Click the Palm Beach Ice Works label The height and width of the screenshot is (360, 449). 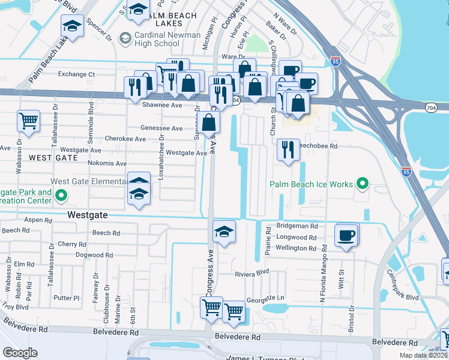[310, 184]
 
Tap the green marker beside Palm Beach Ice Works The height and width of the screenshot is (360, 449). [362, 184]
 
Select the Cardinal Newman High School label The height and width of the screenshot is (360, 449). [160, 40]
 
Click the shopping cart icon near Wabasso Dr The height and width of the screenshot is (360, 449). [28, 121]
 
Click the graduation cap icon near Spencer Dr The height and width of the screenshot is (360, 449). [72, 26]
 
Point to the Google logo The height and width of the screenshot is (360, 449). [20, 352]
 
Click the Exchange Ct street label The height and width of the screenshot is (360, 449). [76, 74]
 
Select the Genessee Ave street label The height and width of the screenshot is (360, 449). [161, 128]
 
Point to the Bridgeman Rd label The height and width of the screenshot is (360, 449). [297, 226]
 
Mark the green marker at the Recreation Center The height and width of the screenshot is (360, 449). [61, 195]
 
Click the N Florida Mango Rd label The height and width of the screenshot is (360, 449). [322, 265]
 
